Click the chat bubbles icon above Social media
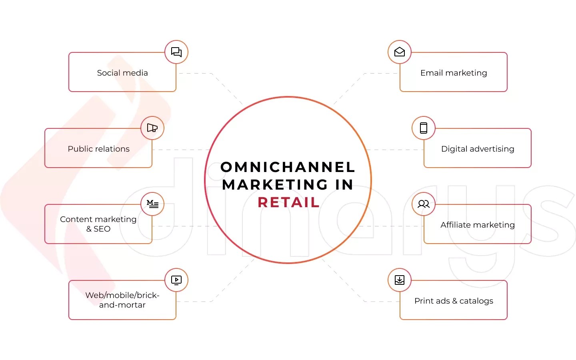(176, 52)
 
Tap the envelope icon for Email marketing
(400, 52)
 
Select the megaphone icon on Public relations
(152, 128)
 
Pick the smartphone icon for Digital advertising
(424, 128)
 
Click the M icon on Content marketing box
(152, 204)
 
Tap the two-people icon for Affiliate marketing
(424, 204)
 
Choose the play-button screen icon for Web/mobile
(176, 280)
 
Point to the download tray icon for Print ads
(400, 280)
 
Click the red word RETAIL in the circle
(288, 202)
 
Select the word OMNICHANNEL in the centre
(288, 167)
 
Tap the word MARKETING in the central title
(275, 185)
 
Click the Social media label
(122, 73)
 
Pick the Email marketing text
(454, 73)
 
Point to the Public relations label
(98, 149)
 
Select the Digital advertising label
(478, 149)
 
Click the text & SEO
(98, 229)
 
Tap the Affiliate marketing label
(478, 225)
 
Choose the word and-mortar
(122, 305)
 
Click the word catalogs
(476, 301)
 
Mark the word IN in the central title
(344, 185)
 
